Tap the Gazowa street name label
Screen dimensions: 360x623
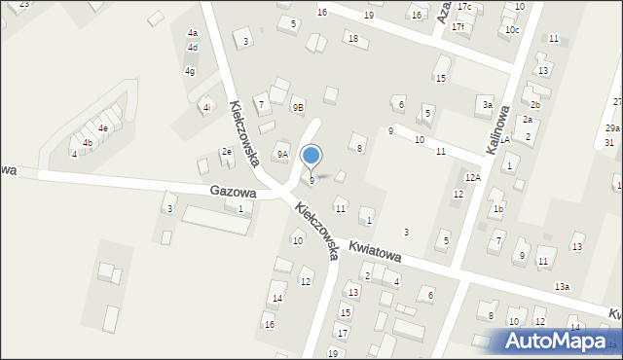tap(233, 193)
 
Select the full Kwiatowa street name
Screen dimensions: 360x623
tap(375, 252)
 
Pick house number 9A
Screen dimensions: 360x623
tap(282, 154)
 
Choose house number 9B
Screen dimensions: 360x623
tap(298, 108)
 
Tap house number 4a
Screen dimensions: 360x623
tap(193, 33)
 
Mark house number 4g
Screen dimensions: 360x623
tap(191, 71)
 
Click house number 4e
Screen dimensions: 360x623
tap(102, 127)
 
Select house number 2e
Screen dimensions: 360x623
tap(226, 151)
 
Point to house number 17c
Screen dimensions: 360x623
tap(464, 8)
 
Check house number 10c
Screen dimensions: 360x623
tap(512, 30)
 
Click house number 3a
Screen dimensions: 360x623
tap(487, 104)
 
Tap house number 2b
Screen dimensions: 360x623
tap(534, 104)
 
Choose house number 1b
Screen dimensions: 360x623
tap(497, 208)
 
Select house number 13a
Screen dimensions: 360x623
tap(562, 286)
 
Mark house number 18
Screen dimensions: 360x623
tap(352, 39)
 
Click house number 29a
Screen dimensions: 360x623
tap(612, 128)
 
